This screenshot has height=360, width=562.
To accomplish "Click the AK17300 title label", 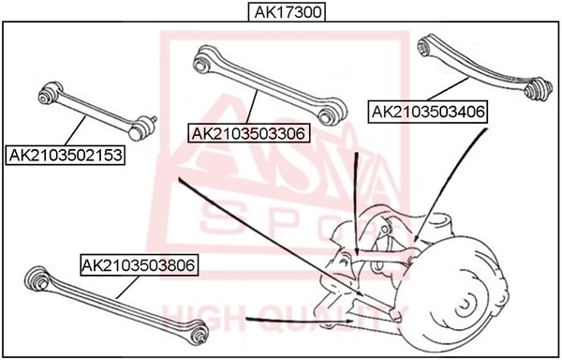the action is (x=288, y=12).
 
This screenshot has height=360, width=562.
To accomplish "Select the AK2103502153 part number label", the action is (x=66, y=156).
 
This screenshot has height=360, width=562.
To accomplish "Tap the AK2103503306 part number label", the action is (x=248, y=134).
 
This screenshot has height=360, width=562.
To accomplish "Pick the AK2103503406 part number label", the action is (x=428, y=112).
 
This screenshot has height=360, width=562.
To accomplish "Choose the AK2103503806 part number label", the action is (x=139, y=265).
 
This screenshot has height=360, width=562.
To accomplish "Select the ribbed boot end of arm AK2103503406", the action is (x=538, y=88).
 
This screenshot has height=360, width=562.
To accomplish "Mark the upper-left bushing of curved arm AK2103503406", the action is (x=425, y=45).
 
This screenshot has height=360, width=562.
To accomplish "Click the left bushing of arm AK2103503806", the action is (x=37, y=278).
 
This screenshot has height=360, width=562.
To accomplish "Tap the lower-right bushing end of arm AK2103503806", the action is (x=199, y=334).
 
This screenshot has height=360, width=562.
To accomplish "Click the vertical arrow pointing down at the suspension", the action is (x=356, y=203).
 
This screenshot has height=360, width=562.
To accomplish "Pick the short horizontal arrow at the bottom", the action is (x=300, y=320).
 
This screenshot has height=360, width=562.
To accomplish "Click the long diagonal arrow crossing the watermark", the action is (x=271, y=236).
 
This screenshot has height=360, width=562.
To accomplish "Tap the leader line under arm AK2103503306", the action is (x=252, y=107).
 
